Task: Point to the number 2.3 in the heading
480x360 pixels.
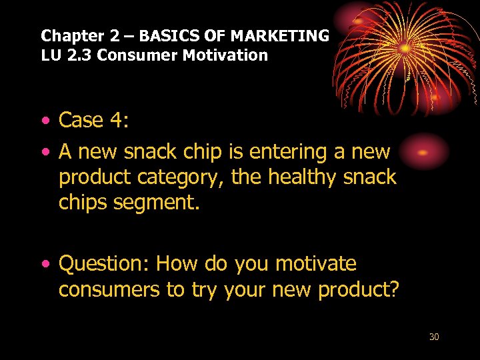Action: coord(79,55)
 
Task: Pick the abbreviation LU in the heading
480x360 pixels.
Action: coord(51,55)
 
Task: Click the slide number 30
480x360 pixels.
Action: coord(434,337)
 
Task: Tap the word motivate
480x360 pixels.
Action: coord(315,264)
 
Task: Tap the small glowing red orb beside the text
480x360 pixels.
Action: coord(422,152)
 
